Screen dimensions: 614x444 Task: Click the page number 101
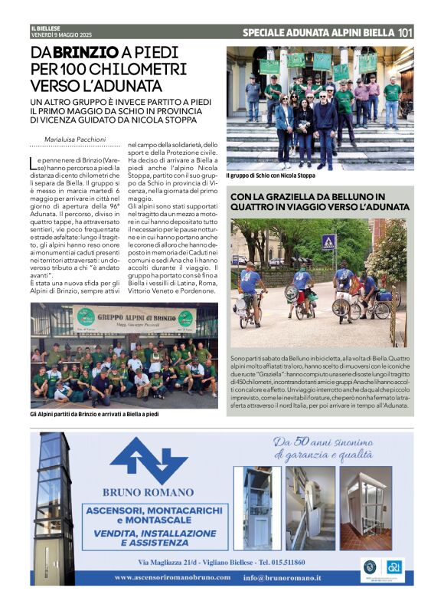coord(406,32)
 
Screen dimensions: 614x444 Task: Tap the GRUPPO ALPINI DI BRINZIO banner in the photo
coord(134,319)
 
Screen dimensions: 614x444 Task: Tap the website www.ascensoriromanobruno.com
coord(174,577)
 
